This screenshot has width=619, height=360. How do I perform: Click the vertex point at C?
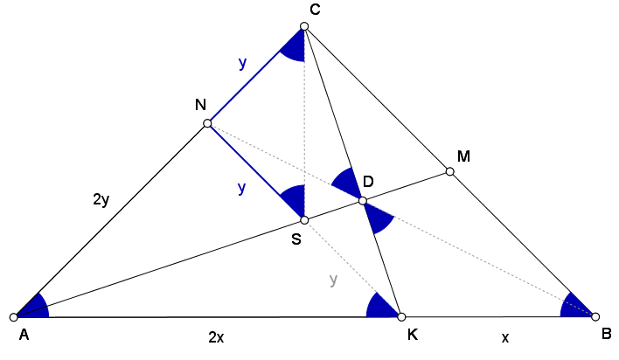click(304, 26)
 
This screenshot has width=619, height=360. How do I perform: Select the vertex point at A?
click(14, 317)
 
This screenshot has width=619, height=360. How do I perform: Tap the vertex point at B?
click(595, 316)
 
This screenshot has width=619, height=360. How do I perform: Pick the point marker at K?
click(401, 316)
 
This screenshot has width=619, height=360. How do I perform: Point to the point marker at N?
click(207, 123)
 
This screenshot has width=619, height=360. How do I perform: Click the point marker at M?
click(449, 171)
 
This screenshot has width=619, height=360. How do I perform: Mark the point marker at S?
click(304, 220)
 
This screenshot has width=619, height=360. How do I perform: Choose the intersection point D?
click(363, 201)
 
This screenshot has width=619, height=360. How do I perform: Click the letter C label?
click(315, 10)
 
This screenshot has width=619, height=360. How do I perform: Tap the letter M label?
click(463, 156)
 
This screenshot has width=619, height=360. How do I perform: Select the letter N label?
click(200, 105)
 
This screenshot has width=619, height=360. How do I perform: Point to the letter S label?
click(296, 239)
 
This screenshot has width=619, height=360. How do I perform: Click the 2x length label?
click(216, 337)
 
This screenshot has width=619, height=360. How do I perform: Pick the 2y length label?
click(101, 200)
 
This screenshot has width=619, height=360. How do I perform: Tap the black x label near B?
click(505, 338)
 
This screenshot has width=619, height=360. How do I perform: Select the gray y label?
click(334, 280)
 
